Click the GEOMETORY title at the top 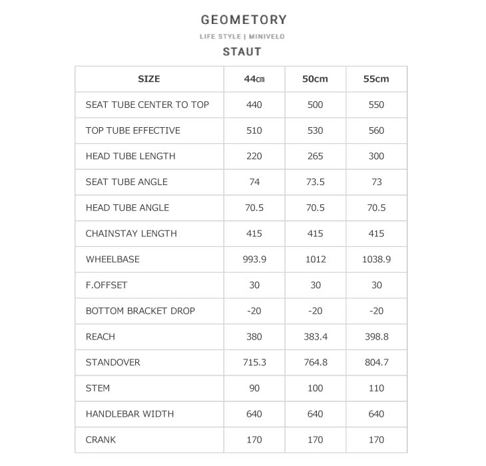pos(243,20)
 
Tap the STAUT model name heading pos(242,51)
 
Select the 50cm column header pos(315,79)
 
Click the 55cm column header pos(376,79)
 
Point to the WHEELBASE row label pos(113,260)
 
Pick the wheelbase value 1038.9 pos(376,260)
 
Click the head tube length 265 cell pos(315,156)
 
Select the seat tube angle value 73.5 pos(315,182)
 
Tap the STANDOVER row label pos(113,363)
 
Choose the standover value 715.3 pos(254,363)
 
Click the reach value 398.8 pos(376,337)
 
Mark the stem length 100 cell pos(315,388)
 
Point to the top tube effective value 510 pos(254,130)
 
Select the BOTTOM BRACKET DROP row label pos(140,311)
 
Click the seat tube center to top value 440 pos(254,105)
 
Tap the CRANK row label pos(101,440)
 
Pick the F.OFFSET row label pos(107,286)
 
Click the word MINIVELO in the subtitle pos(266,37)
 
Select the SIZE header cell pos(148,79)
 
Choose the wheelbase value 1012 pos(315,260)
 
